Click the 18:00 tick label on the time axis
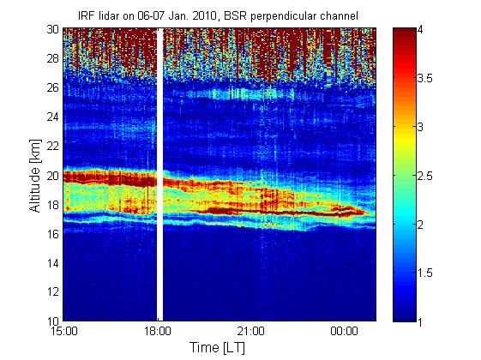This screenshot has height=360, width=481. tap(158, 331)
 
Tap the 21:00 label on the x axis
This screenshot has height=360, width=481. tap(251, 331)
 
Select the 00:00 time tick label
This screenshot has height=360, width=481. tap(344, 331)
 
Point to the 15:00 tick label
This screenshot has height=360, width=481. tap(64, 331)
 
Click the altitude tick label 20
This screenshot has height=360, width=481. tap(53, 176)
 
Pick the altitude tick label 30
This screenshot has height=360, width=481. tap(53, 29)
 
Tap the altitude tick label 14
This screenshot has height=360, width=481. tap(53, 263)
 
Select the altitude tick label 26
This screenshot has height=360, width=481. tap(53, 87)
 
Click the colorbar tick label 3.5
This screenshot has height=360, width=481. tap(425, 79)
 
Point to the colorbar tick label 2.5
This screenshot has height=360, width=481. tap(425, 176)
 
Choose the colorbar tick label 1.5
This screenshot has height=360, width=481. tap(425, 273)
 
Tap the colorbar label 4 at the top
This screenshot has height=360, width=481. tap(420, 30)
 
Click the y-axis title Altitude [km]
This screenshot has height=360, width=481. tap(35, 176)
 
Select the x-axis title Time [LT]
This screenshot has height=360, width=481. tap(218, 348)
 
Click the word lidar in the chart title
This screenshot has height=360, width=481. tap(111, 15)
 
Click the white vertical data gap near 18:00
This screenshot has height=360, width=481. tap(159, 175)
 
